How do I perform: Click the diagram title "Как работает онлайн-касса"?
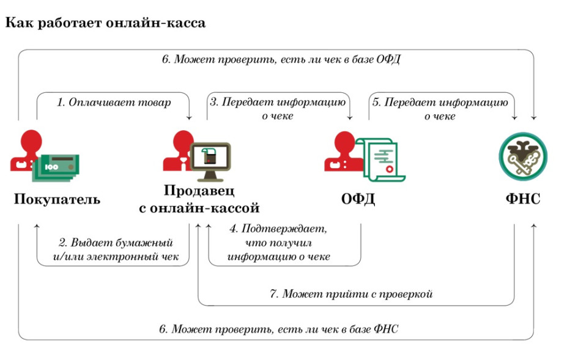(x=105, y=23)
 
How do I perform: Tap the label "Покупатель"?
(x=57, y=199)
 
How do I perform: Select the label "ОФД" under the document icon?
(x=358, y=199)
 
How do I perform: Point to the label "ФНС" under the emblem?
(x=523, y=199)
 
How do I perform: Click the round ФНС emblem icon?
(x=523, y=156)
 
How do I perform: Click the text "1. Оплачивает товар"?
(x=114, y=102)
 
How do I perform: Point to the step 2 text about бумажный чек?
(x=116, y=249)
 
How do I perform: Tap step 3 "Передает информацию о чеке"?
(x=278, y=109)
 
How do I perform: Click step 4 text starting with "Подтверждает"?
(x=278, y=243)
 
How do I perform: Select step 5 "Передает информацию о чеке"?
(x=440, y=109)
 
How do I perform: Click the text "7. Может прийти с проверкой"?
(x=351, y=293)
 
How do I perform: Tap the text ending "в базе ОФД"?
(x=281, y=59)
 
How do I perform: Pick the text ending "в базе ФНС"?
(x=279, y=329)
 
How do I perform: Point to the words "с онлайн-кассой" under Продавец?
(x=199, y=208)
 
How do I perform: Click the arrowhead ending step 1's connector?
(x=189, y=117)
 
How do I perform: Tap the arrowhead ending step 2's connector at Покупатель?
(x=37, y=226)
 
